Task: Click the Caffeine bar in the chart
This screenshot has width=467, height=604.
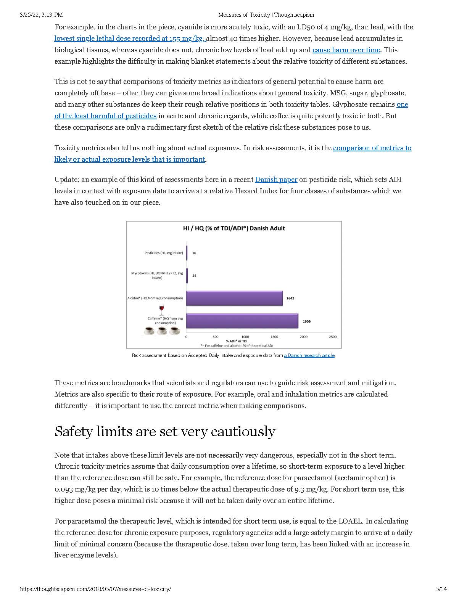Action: [x=242, y=321]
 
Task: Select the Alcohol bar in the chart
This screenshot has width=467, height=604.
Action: [x=234, y=298]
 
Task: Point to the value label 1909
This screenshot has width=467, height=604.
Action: [x=307, y=321]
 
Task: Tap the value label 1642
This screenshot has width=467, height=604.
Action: [x=290, y=298]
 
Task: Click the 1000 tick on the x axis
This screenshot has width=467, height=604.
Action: [x=245, y=337]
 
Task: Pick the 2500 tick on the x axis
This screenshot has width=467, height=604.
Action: [x=333, y=337]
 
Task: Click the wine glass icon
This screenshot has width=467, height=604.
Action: [x=161, y=309]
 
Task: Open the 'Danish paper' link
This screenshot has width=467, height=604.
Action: [x=276, y=180]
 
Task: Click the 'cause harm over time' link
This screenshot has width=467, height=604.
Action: [x=346, y=50]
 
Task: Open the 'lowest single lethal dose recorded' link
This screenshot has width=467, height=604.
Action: [x=130, y=39]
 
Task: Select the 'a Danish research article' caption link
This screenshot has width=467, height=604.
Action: [x=309, y=355]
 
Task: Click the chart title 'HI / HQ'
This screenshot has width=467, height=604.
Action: [x=234, y=228]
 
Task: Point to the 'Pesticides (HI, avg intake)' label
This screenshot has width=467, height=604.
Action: [x=164, y=253]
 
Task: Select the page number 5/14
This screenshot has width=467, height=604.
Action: [x=441, y=589]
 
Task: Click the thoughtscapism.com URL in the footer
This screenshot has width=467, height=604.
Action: [x=95, y=589]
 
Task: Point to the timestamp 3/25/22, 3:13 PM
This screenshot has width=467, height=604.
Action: [x=41, y=15]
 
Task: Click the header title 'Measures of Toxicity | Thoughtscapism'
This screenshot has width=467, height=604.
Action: [x=266, y=15]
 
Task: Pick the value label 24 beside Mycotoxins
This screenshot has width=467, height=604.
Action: [x=194, y=276]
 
